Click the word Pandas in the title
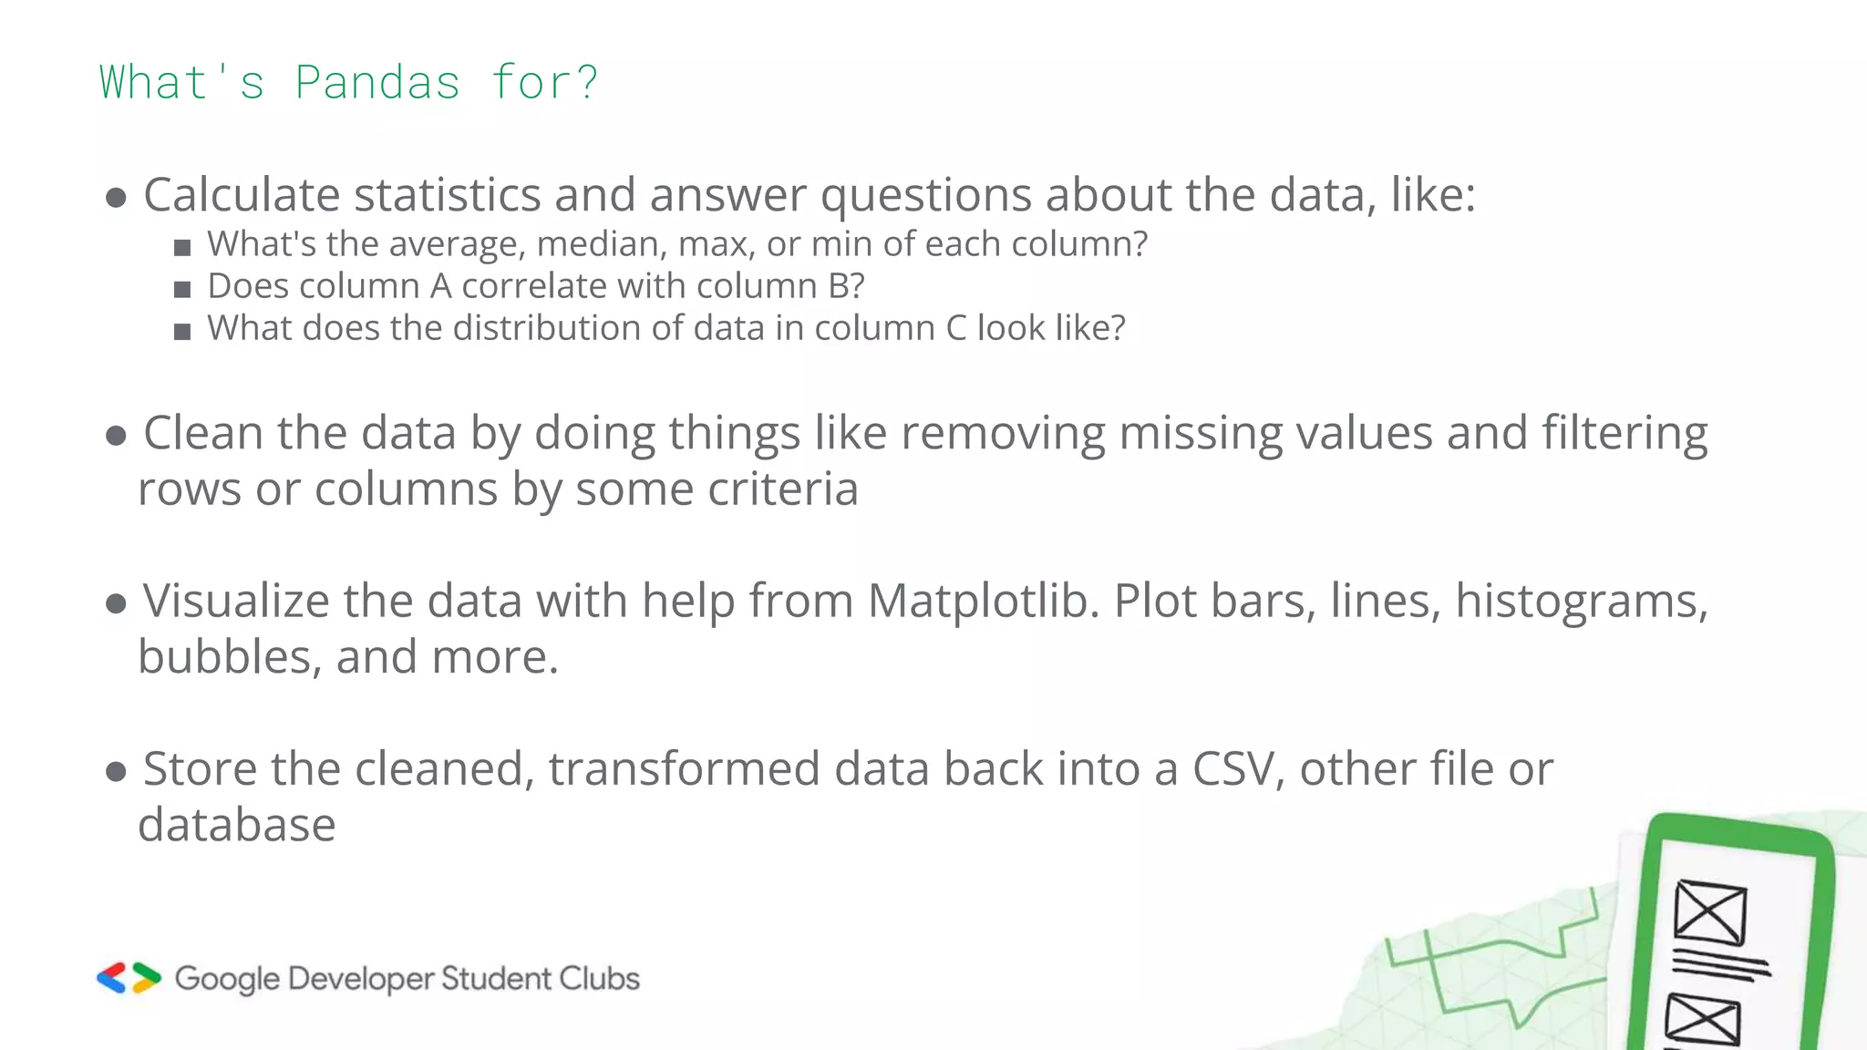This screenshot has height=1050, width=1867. [x=377, y=83]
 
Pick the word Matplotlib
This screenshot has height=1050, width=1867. [x=983, y=602]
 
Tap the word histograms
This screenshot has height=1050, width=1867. [x=1581, y=602]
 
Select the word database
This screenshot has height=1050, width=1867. [x=237, y=826]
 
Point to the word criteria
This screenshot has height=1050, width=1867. [x=783, y=489]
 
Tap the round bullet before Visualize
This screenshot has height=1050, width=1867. [x=116, y=603]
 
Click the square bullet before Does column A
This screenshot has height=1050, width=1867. [x=182, y=290]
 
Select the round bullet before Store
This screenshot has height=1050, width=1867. [x=116, y=772]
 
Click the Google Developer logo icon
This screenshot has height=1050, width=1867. [x=129, y=978]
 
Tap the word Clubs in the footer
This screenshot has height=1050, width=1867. [x=599, y=979]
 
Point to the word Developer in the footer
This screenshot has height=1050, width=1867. [x=361, y=979]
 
